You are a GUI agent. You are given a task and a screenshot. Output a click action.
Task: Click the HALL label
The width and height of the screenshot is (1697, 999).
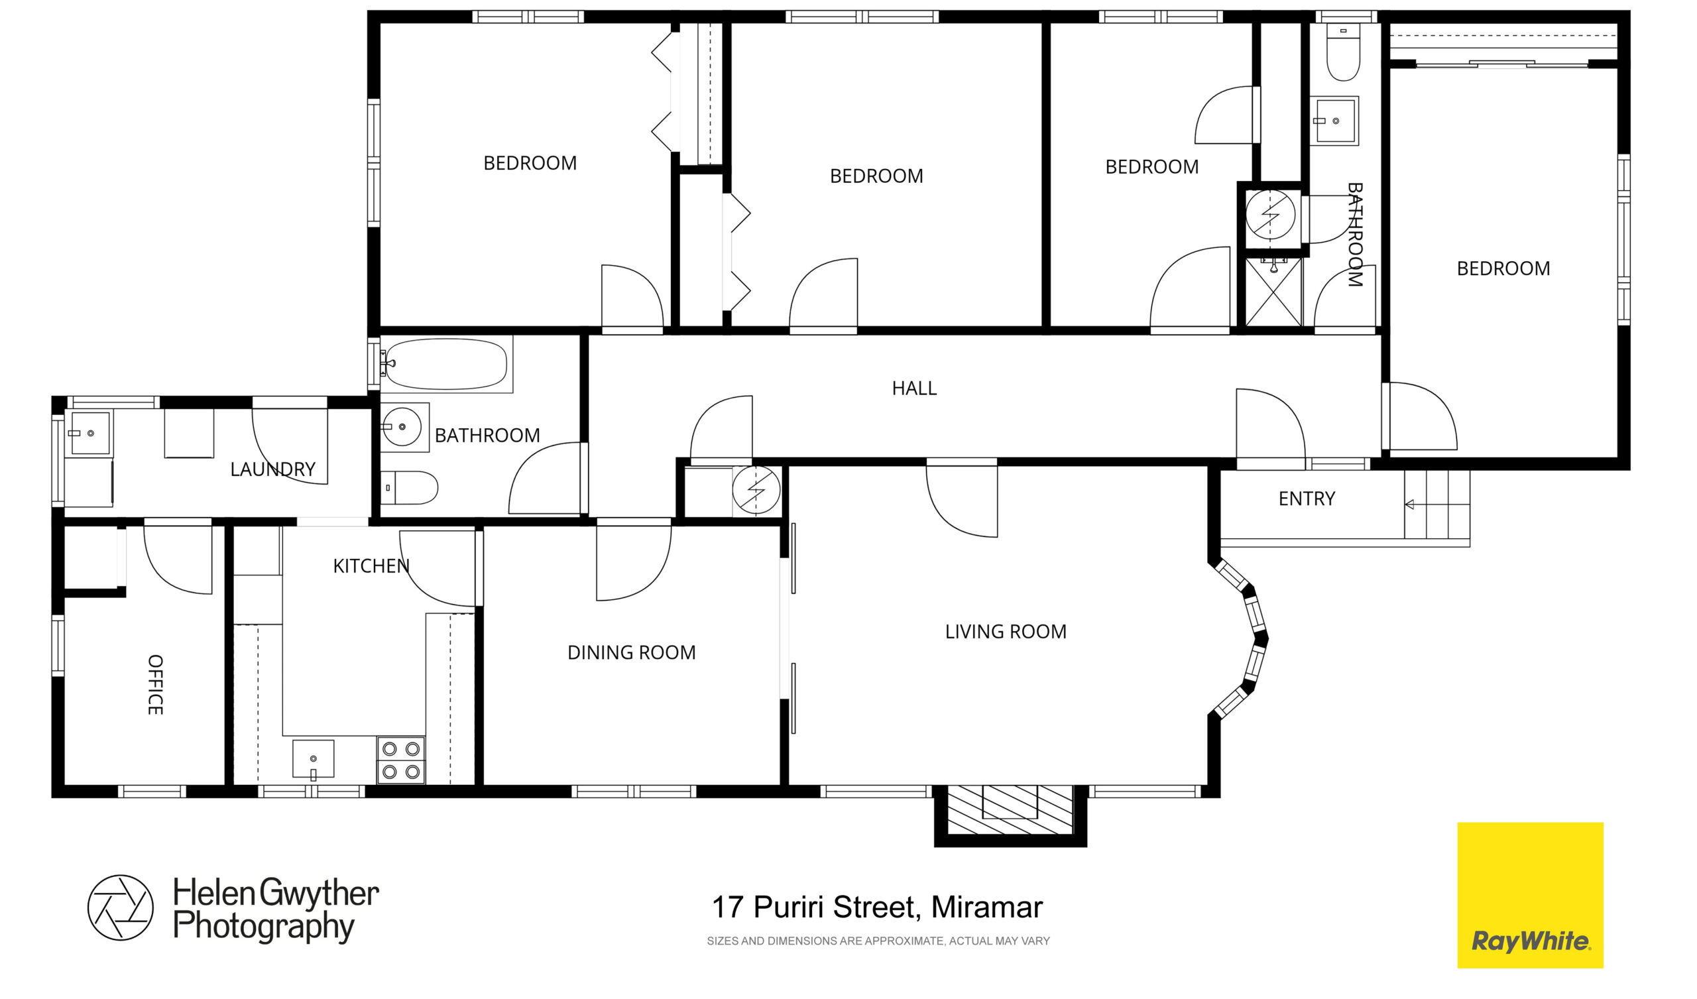point(914,388)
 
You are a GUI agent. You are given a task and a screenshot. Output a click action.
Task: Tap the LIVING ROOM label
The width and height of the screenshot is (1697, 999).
point(1006,632)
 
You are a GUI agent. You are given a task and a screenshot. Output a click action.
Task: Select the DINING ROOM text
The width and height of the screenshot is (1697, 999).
point(631,653)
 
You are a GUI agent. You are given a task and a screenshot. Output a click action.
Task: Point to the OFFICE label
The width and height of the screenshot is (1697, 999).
point(155,684)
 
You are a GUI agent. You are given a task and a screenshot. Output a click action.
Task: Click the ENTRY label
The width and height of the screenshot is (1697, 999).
point(1307,499)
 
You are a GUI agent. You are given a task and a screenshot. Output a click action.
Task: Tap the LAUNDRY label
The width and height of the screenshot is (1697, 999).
point(272,469)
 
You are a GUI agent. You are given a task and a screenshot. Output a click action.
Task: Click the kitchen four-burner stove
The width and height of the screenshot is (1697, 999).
point(401,760)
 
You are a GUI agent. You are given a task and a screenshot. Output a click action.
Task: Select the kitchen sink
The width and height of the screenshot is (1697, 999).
point(313,760)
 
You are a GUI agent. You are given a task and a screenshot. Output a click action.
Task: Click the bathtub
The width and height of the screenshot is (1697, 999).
point(446,365)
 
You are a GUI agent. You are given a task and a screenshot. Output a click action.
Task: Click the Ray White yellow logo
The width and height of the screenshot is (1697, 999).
point(1530,896)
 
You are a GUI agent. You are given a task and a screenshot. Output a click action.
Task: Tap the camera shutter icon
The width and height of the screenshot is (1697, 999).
point(121,908)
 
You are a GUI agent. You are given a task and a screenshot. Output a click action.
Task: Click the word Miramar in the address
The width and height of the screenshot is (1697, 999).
point(986,908)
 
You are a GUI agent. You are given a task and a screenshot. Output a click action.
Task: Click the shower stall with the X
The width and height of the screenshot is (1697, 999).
point(1273,292)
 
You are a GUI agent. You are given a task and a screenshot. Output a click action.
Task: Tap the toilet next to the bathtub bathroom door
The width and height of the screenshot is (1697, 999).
point(410,488)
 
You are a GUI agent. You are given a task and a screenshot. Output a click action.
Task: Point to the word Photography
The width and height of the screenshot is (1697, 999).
point(263,927)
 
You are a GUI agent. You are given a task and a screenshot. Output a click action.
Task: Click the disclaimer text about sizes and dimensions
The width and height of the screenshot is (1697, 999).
point(878,941)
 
